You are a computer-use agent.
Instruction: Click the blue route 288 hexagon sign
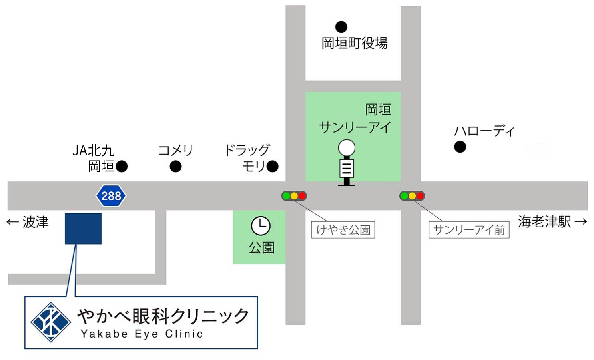[111, 196]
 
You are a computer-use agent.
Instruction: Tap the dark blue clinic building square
[83, 228]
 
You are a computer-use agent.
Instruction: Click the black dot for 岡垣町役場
[341, 27]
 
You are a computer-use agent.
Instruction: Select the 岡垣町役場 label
[355, 43]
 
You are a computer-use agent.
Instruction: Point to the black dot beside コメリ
[175, 166]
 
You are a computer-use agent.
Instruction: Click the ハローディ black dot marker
[460, 147]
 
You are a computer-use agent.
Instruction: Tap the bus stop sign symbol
[347, 163]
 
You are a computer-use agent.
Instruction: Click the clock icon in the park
[261, 226]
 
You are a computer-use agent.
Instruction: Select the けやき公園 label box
[343, 230]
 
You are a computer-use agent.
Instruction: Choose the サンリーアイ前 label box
[469, 230]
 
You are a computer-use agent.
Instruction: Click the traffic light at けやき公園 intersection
[294, 196]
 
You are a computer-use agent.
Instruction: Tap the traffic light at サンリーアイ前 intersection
[412, 196]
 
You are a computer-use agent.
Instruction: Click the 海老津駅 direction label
[552, 221]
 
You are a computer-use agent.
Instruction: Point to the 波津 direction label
[28, 222]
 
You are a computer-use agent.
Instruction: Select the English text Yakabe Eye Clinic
[142, 334]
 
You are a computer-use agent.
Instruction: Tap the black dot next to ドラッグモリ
[273, 166]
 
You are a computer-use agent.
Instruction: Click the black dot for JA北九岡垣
[122, 166]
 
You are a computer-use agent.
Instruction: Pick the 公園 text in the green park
[262, 248]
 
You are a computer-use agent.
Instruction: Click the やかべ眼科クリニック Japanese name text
[163, 316]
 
